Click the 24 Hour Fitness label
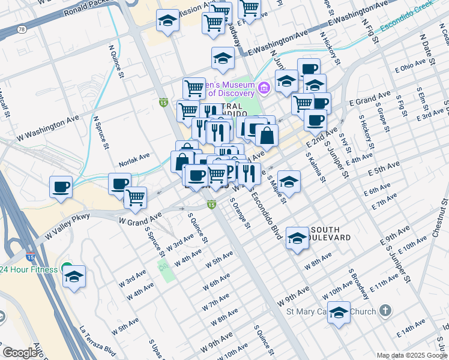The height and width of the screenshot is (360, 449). point(29,269)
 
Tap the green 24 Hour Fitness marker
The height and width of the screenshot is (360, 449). point(67,269)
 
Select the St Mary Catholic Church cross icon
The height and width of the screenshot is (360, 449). point(385,311)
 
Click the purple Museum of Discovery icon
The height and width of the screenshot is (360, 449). point(263,89)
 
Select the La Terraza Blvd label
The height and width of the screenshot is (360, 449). point(97,341)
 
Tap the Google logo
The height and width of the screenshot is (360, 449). point(20,353)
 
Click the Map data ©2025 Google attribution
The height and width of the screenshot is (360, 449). point(412,355)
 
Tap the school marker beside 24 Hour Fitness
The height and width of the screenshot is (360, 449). point(74,277)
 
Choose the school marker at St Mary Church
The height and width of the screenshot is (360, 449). point(339,313)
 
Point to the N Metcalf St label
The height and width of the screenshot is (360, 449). point(5,106)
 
